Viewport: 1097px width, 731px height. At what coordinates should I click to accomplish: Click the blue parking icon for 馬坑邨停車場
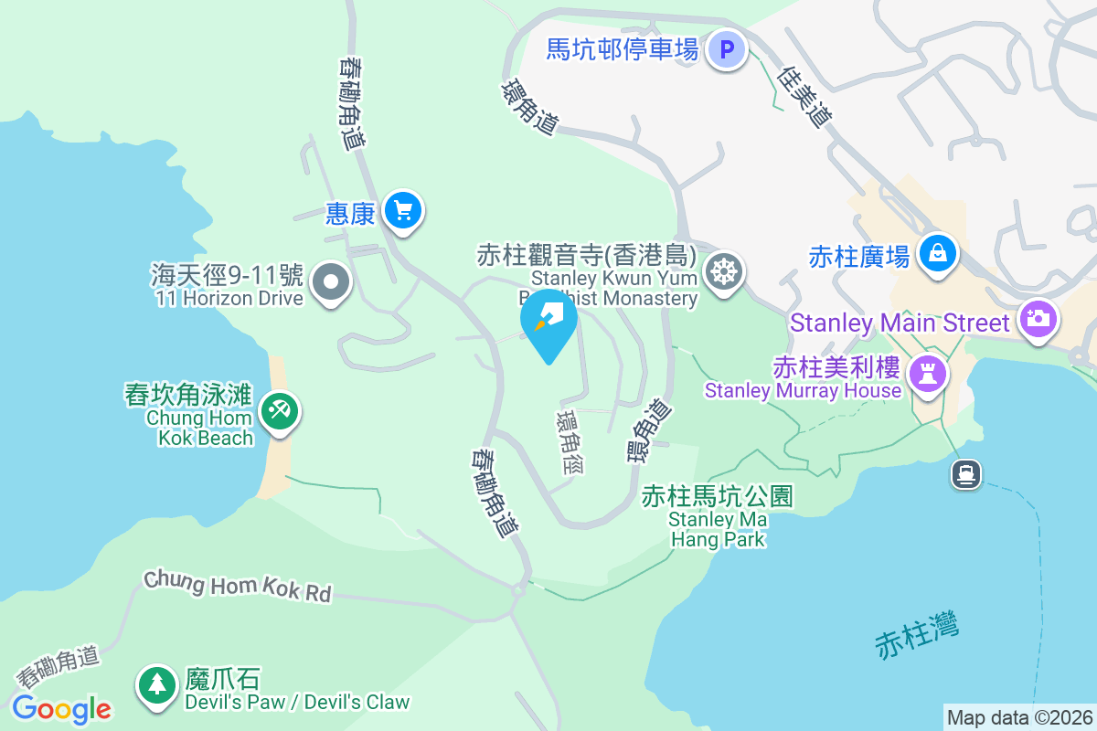pyautogui.click(x=727, y=49)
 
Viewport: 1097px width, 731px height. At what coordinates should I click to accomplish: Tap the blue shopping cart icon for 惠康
pyautogui.click(x=402, y=212)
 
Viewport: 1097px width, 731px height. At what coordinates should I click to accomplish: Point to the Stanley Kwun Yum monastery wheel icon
pyautogui.click(x=723, y=270)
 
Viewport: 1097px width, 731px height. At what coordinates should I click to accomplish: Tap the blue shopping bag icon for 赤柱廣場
pyautogui.click(x=937, y=253)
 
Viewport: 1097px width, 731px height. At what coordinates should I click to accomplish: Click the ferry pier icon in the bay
pyautogui.click(x=966, y=474)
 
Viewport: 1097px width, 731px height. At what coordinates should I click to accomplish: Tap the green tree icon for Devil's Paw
pyautogui.click(x=156, y=684)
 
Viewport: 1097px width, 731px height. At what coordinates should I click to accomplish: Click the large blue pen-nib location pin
pyautogui.click(x=548, y=320)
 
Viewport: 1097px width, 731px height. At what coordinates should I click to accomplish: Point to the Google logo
pyautogui.click(x=61, y=708)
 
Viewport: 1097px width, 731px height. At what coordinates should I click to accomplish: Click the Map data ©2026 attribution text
pyautogui.click(x=1018, y=718)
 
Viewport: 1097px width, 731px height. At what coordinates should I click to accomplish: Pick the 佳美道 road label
pyautogui.click(x=805, y=98)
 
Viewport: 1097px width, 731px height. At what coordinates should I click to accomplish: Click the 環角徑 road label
pyautogui.click(x=570, y=442)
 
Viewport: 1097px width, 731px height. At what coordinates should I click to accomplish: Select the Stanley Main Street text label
pyautogui.click(x=900, y=323)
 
